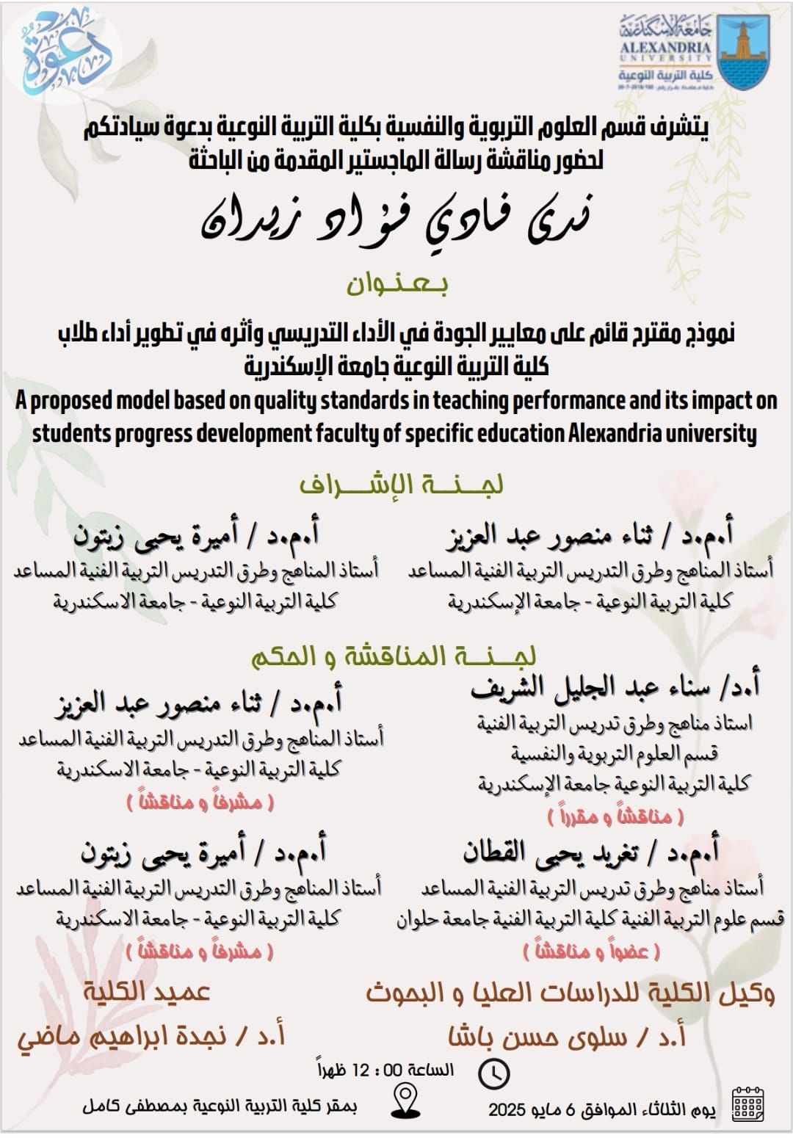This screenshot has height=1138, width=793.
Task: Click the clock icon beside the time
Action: click(493, 1073)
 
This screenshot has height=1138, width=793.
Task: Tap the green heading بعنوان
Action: click(397, 285)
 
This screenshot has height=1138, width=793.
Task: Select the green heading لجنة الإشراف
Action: click(401, 485)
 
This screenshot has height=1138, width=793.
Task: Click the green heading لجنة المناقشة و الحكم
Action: click(394, 656)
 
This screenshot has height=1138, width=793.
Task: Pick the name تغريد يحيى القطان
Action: click(590, 852)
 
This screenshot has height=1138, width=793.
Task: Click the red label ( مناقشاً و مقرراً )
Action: click(615, 816)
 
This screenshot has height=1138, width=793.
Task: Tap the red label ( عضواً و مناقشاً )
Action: click(591, 952)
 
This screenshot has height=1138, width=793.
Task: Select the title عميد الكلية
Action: click(146, 992)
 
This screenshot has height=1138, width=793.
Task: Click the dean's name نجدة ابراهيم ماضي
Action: click(151, 1036)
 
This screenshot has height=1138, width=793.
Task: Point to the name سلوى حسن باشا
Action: click(567, 1037)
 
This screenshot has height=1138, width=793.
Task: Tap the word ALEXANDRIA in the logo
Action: click(666, 48)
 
